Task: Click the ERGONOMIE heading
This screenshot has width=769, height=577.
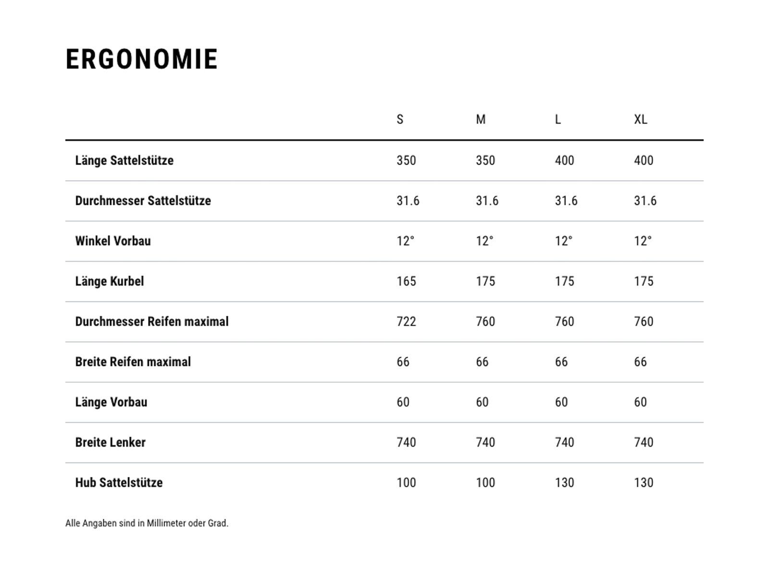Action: [x=142, y=59]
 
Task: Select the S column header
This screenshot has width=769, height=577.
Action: [x=400, y=119]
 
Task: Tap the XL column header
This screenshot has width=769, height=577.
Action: [x=640, y=119]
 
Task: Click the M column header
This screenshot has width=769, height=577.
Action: [x=481, y=119]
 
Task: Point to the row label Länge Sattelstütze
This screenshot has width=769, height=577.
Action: [x=124, y=160]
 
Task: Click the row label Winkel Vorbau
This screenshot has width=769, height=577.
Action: [x=113, y=241]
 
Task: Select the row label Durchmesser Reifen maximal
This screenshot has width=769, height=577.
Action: [x=152, y=321]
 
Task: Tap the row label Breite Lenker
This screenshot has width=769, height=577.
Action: [x=110, y=442]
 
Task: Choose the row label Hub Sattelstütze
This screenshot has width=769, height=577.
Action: [x=119, y=482]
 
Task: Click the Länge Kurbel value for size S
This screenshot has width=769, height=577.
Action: [x=406, y=281]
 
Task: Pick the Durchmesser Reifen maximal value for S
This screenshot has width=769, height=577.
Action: [x=406, y=321]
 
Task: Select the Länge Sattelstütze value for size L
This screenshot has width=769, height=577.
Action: [x=564, y=160]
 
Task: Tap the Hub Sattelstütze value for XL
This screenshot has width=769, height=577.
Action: [x=644, y=482]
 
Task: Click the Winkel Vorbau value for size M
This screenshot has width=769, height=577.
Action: [x=484, y=241]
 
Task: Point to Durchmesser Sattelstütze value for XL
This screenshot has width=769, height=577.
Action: [x=645, y=201]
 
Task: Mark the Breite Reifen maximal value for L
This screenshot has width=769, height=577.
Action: [x=561, y=362]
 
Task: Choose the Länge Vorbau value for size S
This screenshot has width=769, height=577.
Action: [x=403, y=402]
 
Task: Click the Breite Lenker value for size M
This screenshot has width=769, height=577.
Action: [x=485, y=442]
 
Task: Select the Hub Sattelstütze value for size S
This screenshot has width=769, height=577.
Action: [x=406, y=482]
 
